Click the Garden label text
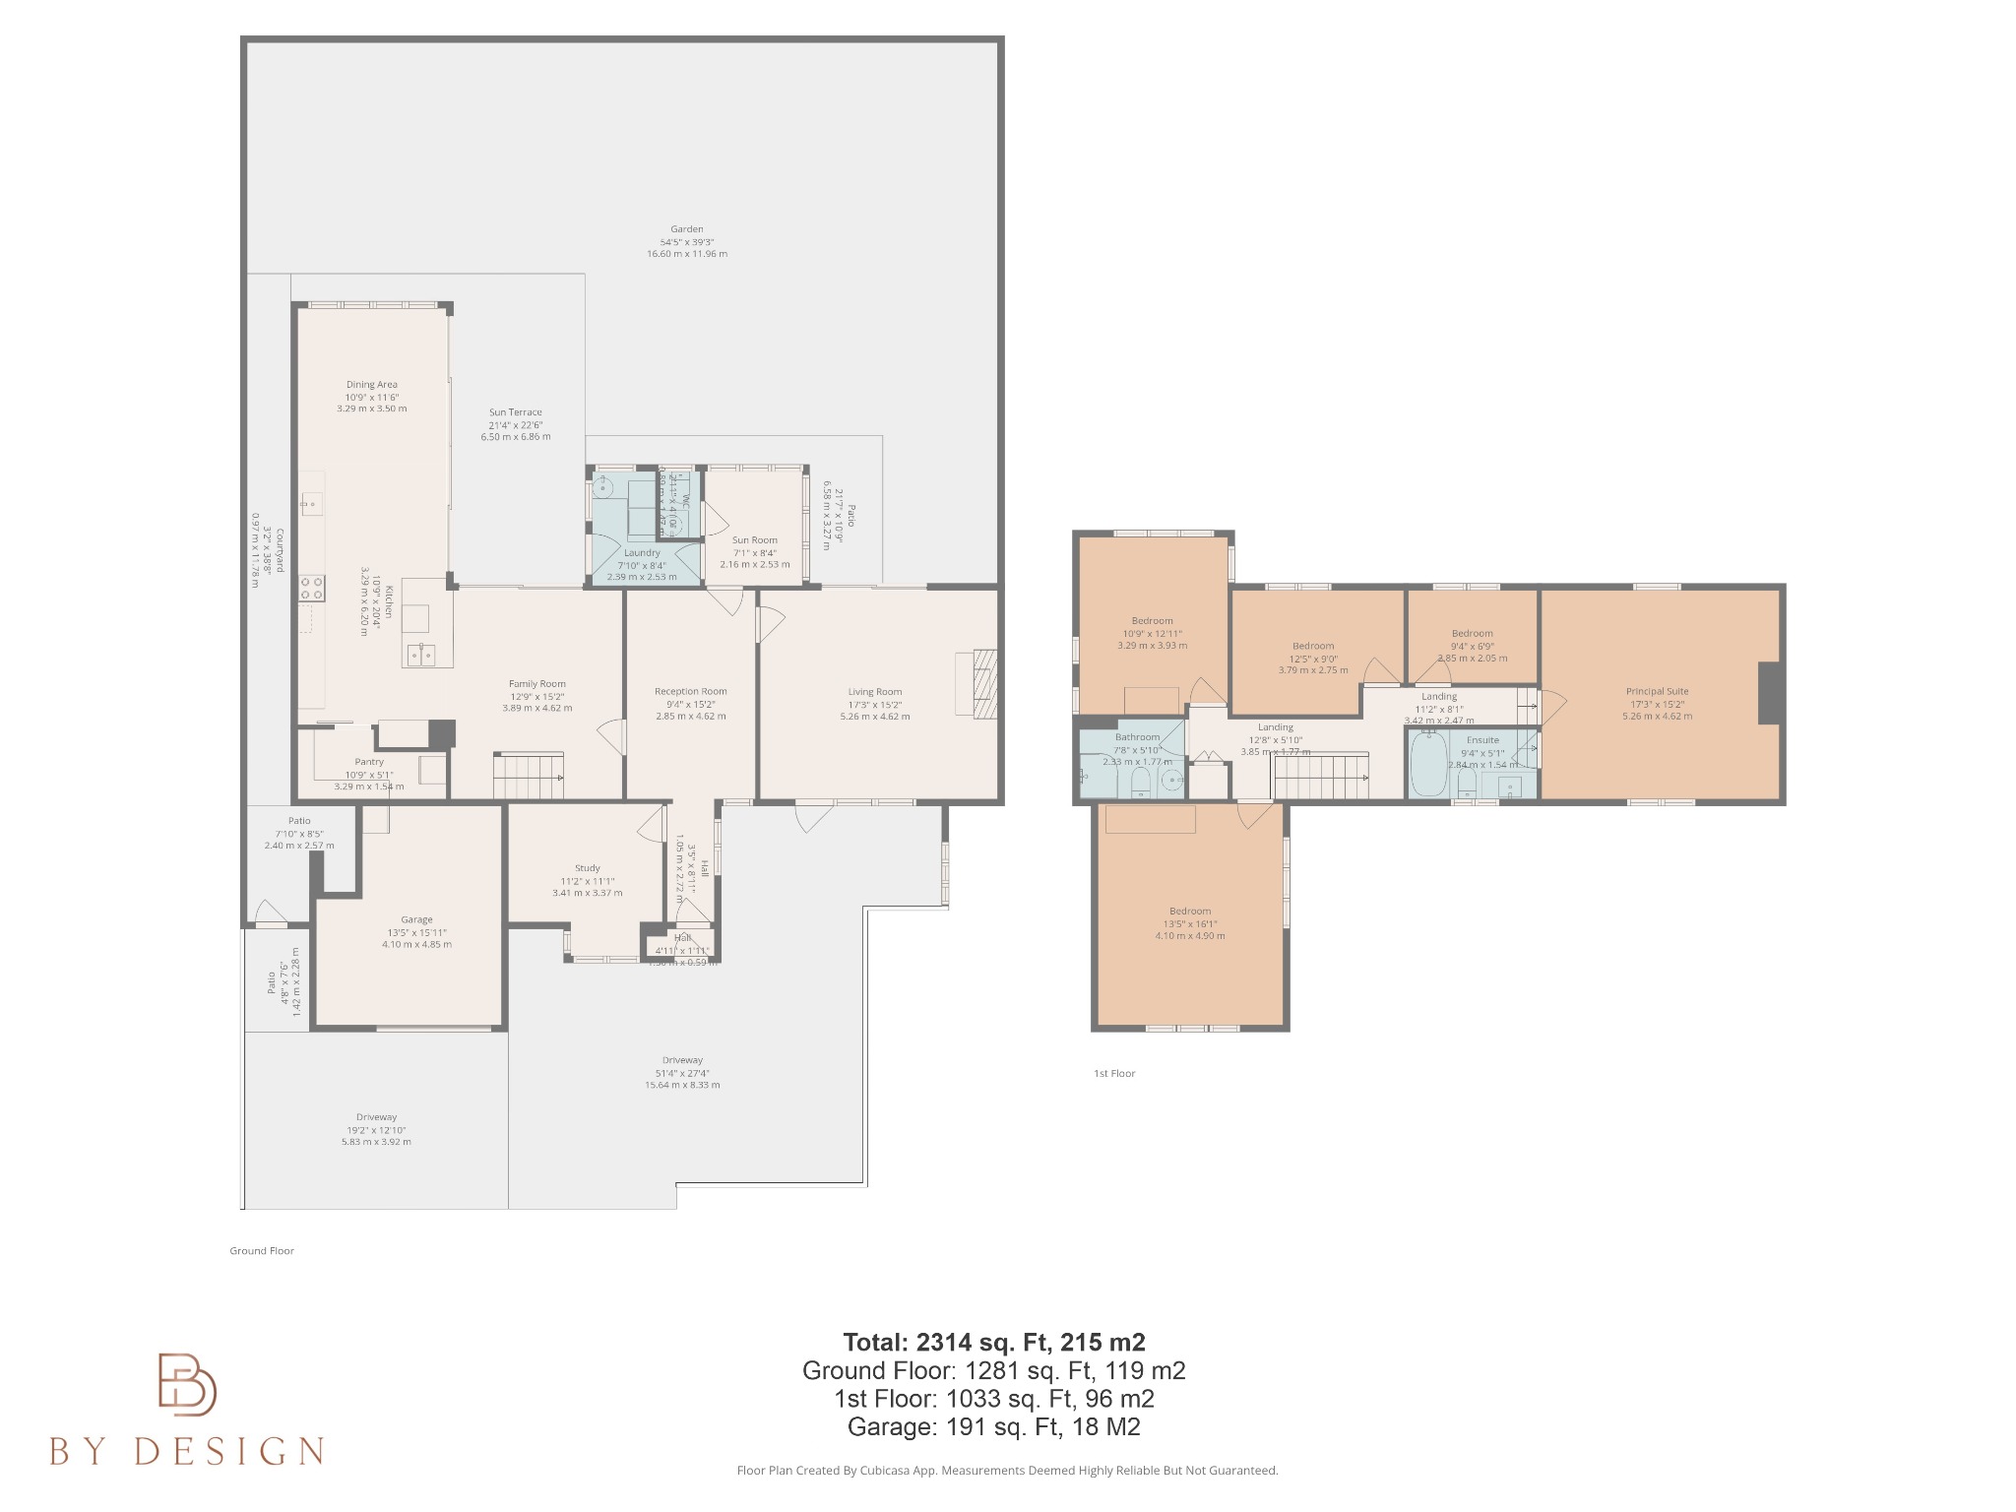[686, 229]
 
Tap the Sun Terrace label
[515, 413]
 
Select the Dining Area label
[371, 385]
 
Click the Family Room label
[536, 684]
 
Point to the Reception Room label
[690, 692]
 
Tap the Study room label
[587, 868]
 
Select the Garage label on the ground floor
[416, 920]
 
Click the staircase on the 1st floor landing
[1321, 776]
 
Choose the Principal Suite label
[1657, 692]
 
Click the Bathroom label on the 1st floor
[1137, 737]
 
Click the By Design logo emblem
[187, 1384]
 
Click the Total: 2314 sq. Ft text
[993, 1342]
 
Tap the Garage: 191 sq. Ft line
[993, 1426]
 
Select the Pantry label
[369, 762]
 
